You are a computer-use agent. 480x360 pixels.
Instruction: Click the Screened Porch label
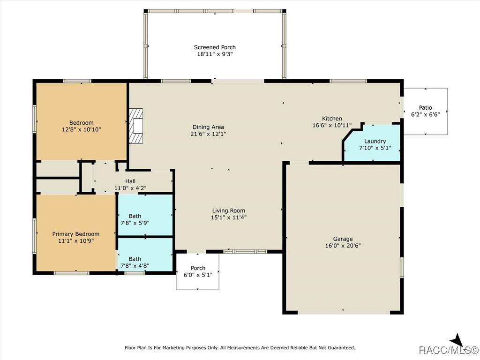click(215, 47)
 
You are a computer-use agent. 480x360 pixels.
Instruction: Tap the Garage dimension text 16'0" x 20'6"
click(343, 246)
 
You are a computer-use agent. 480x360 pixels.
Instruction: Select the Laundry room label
click(375, 141)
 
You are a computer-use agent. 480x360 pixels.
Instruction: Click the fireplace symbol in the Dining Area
click(136, 126)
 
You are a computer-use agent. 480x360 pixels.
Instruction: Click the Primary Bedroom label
click(75, 234)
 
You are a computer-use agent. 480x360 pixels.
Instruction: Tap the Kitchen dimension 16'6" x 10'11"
click(331, 126)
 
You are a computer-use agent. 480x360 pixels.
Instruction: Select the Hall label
click(130, 181)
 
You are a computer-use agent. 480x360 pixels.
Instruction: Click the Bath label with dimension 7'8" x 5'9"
click(135, 216)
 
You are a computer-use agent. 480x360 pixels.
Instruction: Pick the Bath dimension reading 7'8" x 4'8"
click(135, 265)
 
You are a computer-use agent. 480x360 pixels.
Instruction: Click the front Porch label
click(198, 268)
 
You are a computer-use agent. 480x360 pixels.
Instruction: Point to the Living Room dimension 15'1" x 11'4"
click(228, 217)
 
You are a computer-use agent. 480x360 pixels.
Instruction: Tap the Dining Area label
click(208, 127)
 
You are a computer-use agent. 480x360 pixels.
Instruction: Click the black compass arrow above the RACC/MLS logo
click(457, 340)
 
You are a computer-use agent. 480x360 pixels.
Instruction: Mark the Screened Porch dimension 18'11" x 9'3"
click(215, 54)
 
